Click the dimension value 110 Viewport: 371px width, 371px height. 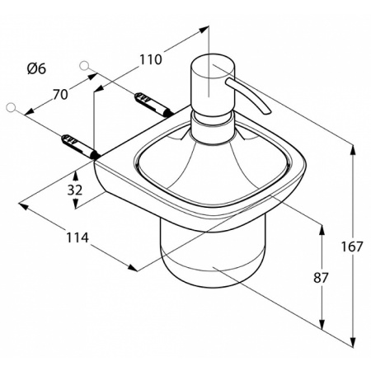[x=150, y=59]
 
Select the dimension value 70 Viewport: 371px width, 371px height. [x=60, y=94]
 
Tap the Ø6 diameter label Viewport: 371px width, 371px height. [x=36, y=68]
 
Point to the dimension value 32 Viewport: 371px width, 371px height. [x=75, y=190]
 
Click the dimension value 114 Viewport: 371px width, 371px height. [x=77, y=237]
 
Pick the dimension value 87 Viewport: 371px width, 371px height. [x=321, y=278]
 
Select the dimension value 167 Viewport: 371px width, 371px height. [x=352, y=247]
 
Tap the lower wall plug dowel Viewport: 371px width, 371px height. [x=80, y=146]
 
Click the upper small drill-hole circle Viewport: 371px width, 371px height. [x=84, y=65]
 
